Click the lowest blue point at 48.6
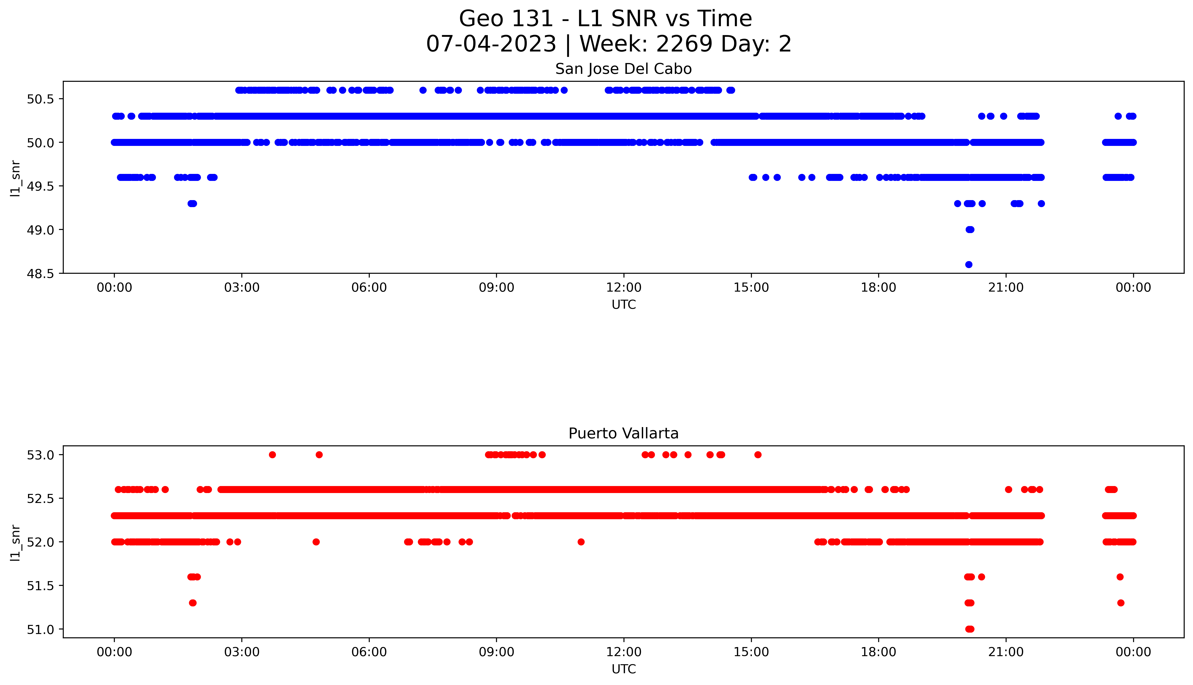point(969,264)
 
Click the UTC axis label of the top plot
point(624,305)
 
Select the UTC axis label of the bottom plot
point(624,669)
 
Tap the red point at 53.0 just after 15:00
point(758,454)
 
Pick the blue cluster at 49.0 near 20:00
point(969,230)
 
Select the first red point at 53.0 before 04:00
point(272,454)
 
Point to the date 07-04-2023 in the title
point(491,44)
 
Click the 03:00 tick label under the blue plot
point(242,288)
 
